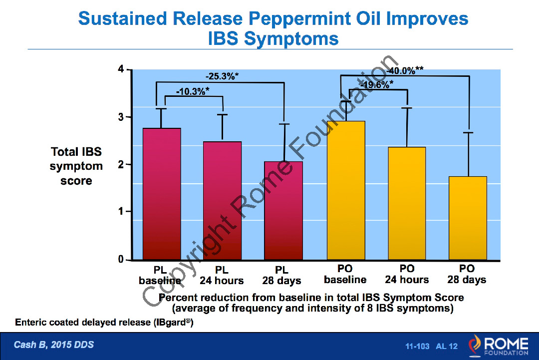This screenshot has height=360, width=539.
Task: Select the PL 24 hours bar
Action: [x=222, y=200]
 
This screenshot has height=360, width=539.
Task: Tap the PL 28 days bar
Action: [x=283, y=210]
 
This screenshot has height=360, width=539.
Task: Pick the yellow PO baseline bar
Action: [x=346, y=190]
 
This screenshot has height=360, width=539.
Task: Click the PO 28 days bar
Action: [x=468, y=218]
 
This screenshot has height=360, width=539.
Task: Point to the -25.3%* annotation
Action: [x=222, y=76]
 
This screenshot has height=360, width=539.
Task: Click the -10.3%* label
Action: [x=193, y=91]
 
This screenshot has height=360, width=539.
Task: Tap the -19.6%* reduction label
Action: [x=376, y=84]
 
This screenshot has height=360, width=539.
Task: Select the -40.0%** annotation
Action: [x=405, y=70]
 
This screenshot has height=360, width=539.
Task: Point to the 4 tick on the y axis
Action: [x=120, y=69]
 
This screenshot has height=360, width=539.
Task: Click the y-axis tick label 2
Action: [x=120, y=164]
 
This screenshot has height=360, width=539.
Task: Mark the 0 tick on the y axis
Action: [x=120, y=259]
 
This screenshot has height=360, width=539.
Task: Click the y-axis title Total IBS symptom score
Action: [x=76, y=166]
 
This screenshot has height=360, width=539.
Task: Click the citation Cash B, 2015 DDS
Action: [x=54, y=345]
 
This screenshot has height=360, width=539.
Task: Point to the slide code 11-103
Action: [x=417, y=346]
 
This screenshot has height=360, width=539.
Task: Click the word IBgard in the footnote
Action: [x=171, y=322]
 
